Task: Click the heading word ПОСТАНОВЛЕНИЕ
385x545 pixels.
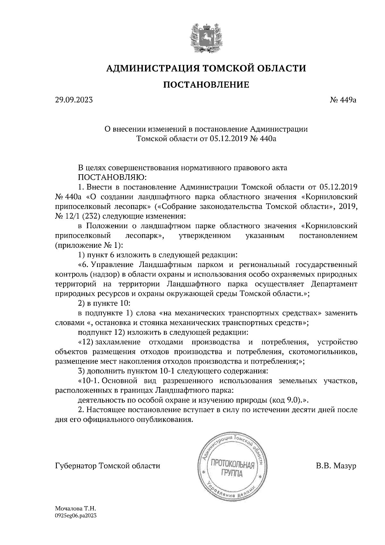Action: pyautogui.click(x=206, y=85)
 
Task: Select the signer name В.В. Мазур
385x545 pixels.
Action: pyautogui.click(x=336, y=465)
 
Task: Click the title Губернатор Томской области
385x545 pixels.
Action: pyautogui.click(x=107, y=465)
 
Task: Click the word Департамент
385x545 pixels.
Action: pyautogui.click(x=334, y=284)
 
